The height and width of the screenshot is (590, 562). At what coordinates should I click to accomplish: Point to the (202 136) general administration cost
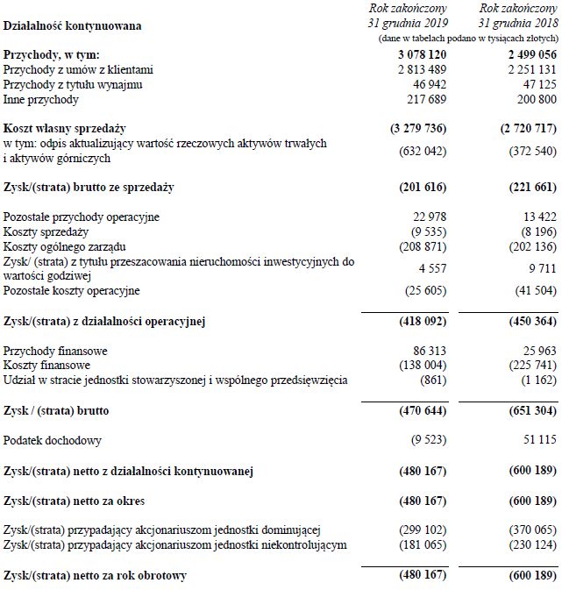(528, 245)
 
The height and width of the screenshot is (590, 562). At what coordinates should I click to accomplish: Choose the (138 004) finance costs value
(420, 365)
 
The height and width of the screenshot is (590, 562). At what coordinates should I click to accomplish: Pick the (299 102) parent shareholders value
(420, 530)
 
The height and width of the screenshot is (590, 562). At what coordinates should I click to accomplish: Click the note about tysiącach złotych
(467, 40)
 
